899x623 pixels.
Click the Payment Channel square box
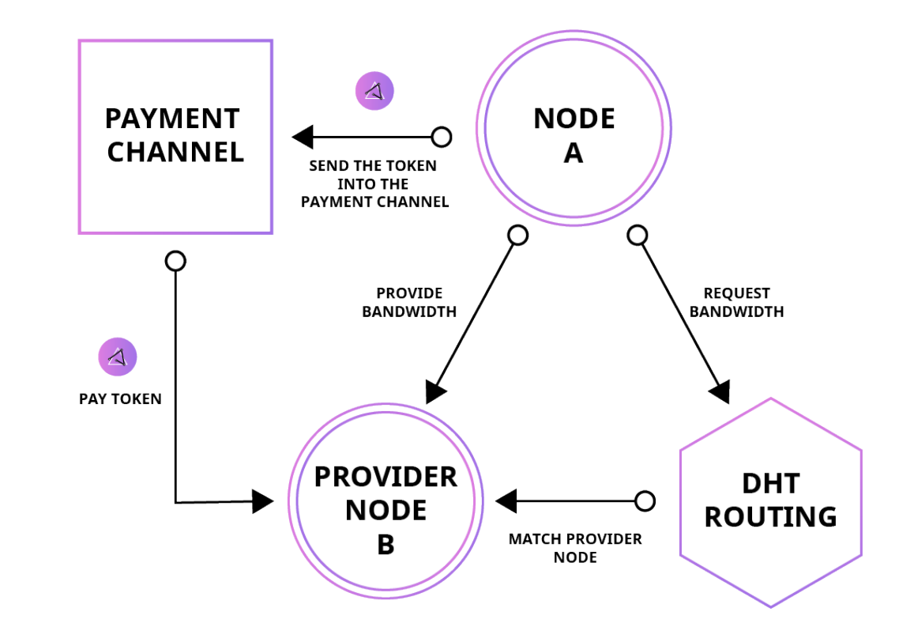175,137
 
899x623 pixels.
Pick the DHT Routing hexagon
770,501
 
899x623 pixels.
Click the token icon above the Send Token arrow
374,91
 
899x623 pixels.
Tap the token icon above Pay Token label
118,357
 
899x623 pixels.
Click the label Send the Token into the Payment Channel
374,184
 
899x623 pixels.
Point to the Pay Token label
120,399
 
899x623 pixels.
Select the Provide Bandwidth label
409,302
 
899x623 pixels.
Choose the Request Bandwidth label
736,302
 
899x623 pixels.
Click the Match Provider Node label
575,548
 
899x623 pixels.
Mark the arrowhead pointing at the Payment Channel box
303,137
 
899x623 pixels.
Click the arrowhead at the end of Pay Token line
262,501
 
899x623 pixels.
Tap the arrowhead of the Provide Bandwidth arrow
435,391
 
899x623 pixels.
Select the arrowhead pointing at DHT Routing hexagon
720,391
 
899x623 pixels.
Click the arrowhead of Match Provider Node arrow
506,501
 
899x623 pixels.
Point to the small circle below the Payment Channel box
175,261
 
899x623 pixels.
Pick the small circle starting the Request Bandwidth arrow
638,235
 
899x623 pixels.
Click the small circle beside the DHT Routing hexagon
645,501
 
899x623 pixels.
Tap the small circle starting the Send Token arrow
442,137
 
